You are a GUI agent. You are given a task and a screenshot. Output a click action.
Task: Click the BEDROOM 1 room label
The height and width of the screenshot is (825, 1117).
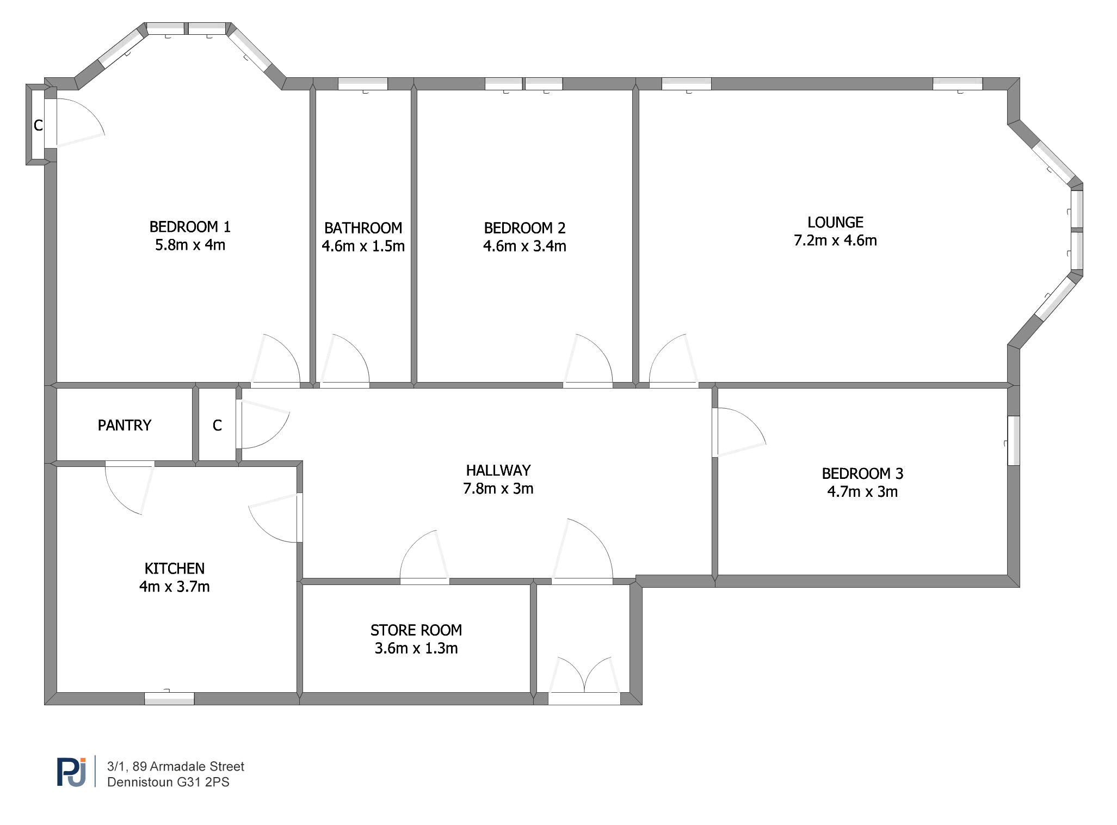[x=190, y=226]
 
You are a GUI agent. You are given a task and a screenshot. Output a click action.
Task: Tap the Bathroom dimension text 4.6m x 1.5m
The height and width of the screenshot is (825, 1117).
[x=363, y=246]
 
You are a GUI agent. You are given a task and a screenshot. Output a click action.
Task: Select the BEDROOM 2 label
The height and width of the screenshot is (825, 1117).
[x=524, y=227]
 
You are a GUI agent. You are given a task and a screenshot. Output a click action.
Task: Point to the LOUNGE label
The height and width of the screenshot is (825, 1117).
[x=835, y=222]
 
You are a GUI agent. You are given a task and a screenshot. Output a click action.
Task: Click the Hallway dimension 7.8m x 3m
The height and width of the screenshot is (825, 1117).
[x=498, y=489]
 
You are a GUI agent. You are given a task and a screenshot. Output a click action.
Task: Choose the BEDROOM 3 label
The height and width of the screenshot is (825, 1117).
[x=862, y=473]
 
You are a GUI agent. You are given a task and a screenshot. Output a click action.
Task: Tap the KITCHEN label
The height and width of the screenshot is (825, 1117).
[x=175, y=569]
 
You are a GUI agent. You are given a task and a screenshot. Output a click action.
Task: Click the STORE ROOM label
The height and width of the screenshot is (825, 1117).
[x=416, y=630]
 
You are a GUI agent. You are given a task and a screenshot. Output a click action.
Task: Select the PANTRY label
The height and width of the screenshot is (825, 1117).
[x=125, y=425]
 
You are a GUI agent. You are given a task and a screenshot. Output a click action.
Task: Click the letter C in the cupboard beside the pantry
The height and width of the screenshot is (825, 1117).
[x=217, y=425]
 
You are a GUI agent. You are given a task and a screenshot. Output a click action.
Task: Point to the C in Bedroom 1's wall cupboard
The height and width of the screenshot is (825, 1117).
[x=38, y=125]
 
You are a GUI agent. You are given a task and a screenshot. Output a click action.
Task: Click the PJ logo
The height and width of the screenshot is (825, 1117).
[x=72, y=772]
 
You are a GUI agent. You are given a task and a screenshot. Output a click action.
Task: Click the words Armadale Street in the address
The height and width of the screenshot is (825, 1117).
[x=197, y=766]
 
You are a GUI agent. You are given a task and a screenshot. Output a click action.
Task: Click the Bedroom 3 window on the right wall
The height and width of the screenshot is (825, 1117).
[x=1013, y=441]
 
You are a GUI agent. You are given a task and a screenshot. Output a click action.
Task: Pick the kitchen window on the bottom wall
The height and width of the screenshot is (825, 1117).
[x=169, y=698]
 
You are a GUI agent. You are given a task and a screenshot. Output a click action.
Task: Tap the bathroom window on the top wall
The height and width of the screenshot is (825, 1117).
[x=363, y=84]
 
